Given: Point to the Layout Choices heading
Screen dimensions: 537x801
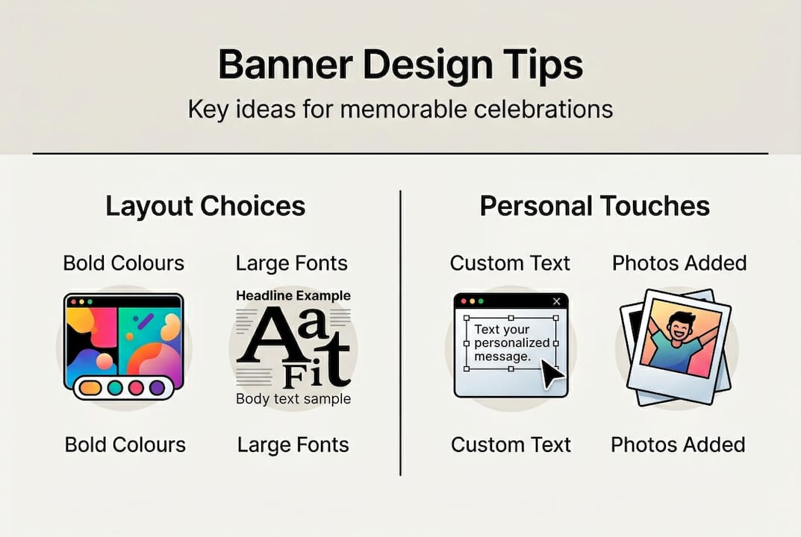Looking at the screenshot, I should pyautogui.click(x=205, y=206).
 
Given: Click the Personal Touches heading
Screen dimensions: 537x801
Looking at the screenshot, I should pyautogui.click(x=594, y=206).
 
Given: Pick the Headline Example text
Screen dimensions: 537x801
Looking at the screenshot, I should pyautogui.click(x=293, y=296).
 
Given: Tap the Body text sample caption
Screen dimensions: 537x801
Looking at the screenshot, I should pyautogui.click(x=293, y=399).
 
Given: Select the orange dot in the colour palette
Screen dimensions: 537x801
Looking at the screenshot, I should pyautogui.click(x=90, y=388).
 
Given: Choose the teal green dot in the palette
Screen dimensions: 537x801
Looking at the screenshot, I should pyautogui.click(x=114, y=388).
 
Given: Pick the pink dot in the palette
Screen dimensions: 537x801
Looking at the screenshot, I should pyautogui.click(x=136, y=388).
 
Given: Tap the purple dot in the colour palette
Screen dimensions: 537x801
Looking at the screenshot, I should pyautogui.click(x=157, y=388).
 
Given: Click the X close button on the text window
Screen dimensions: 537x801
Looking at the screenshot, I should pyautogui.click(x=555, y=301).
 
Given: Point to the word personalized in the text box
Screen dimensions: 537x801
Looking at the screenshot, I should pyautogui.click(x=511, y=344).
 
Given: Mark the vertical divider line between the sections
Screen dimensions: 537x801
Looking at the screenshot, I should pyautogui.click(x=401, y=333).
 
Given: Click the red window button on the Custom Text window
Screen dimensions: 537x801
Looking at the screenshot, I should pyautogui.click(x=462, y=301).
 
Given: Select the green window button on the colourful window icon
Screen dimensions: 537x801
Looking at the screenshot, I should pyautogui.click(x=90, y=301).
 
